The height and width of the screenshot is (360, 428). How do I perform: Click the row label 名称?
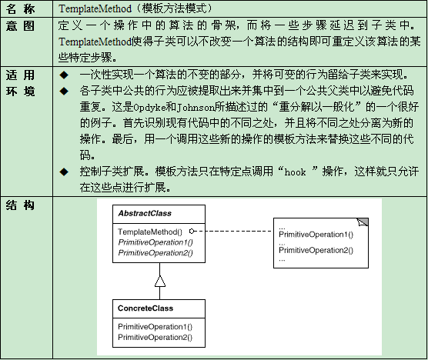[x=20, y=9]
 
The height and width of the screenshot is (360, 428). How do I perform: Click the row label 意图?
[x=20, y=26]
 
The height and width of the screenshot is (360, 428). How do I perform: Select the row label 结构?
[x=20, y=205]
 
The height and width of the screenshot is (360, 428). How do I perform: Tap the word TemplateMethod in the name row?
[x=95, y=8]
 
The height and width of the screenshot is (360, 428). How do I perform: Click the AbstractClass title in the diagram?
[x=145, y=213]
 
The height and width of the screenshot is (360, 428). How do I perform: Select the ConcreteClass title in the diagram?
[x=145, y=308]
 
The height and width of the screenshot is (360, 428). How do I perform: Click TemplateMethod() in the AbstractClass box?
[x=150, y=232]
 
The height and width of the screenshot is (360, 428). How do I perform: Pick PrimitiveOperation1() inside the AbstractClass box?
[x=155, y=242]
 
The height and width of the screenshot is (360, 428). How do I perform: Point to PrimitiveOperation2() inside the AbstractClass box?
[x=155, y=253]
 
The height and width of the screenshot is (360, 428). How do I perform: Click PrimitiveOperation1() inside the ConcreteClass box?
[x=155, y=326]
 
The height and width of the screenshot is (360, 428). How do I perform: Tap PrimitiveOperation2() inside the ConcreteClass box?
[x=155, y=337]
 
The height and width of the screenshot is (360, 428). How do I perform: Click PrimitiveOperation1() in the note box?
[x=316, y=235]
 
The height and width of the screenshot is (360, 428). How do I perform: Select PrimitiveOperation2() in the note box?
[x=316, y=250]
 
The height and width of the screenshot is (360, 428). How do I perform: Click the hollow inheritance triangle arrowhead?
[x=160, y=282]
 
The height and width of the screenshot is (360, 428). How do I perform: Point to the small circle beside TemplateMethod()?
[x=192, y=232]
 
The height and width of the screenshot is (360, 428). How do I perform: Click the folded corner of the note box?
[x=363, y=222]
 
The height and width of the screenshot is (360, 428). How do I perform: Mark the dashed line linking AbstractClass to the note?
[x=232, y=232]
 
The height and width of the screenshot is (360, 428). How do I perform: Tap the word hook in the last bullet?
[x=295, y=172]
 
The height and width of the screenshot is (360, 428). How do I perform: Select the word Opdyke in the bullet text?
[x=149, y=107]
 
